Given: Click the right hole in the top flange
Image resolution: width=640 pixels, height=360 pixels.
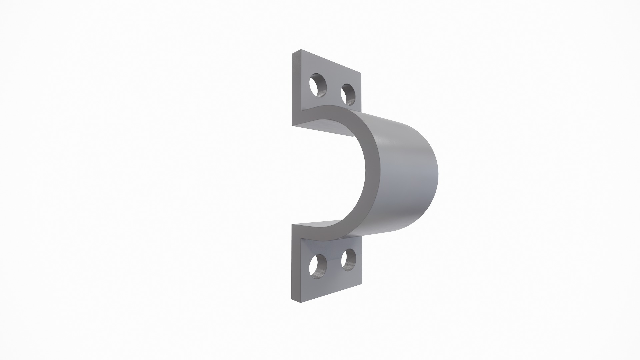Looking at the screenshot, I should tap(348, 94).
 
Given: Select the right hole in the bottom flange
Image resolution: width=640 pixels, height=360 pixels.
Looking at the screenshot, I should tap(348, 259).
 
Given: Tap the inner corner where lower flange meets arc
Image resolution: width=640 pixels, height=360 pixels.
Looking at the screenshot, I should tap(302, 237).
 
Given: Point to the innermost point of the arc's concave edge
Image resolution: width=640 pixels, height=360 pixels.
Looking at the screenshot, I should tap(365, 173).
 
